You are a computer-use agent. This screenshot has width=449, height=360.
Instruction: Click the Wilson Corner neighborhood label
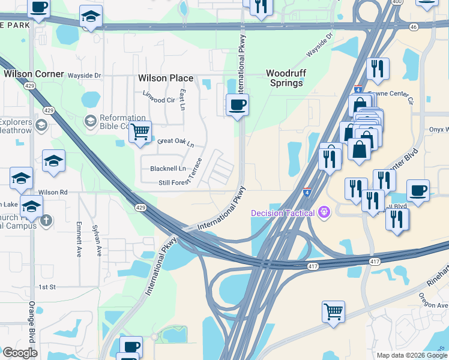(x=34, y=74)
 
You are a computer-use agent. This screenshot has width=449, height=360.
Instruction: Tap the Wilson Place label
(x=166, y=78)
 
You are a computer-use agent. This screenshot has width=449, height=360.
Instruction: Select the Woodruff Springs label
(x=286, y=78)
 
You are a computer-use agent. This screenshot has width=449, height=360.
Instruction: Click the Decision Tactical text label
(x=283, y=212)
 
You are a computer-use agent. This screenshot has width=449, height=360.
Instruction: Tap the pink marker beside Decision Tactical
(x=325, y=212)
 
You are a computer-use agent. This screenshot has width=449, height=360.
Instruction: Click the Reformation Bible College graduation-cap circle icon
(x=90, y=122)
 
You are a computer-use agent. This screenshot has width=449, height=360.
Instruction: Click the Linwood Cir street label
(x=158, y=97)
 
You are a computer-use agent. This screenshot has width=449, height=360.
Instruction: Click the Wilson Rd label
(x=53, y=192)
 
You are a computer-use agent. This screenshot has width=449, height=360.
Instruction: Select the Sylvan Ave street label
(x=96, y=241)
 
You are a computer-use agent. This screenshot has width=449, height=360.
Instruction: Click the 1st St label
(x=47, y=287)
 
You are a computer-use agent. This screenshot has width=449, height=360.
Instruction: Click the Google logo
(x=20, y=353)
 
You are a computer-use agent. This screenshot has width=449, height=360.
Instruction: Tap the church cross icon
(x=46, y=220)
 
